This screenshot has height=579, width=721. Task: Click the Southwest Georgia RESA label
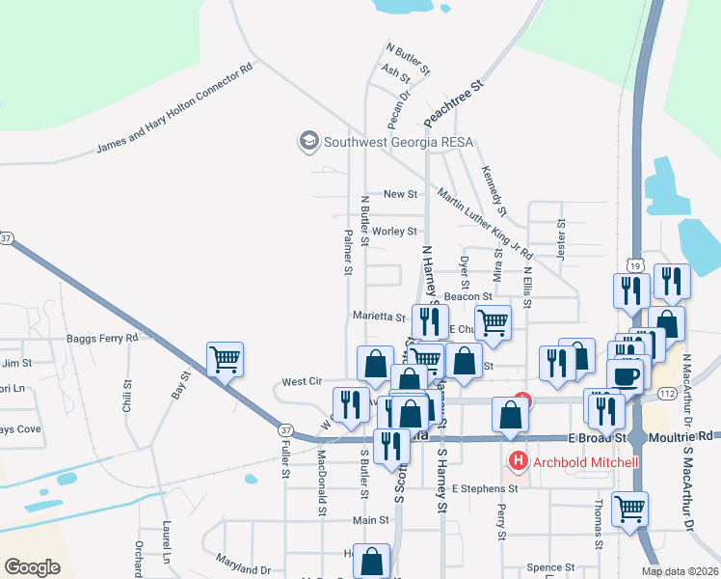pos(398,142)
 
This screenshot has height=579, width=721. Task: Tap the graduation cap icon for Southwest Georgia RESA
pos(309,141)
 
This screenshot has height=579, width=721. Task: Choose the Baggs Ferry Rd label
pos(102,338)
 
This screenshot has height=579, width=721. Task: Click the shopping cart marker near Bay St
pos(225,360)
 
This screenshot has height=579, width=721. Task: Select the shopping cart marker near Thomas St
pos(629,508)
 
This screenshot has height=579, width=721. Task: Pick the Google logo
pos(33,566)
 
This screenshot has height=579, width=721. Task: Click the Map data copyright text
pos(679,571)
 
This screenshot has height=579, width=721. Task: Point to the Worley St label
pos(394,232)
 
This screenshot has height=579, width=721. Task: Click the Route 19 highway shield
pos(632,265)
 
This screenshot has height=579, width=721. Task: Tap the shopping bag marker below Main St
pos(371,561)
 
